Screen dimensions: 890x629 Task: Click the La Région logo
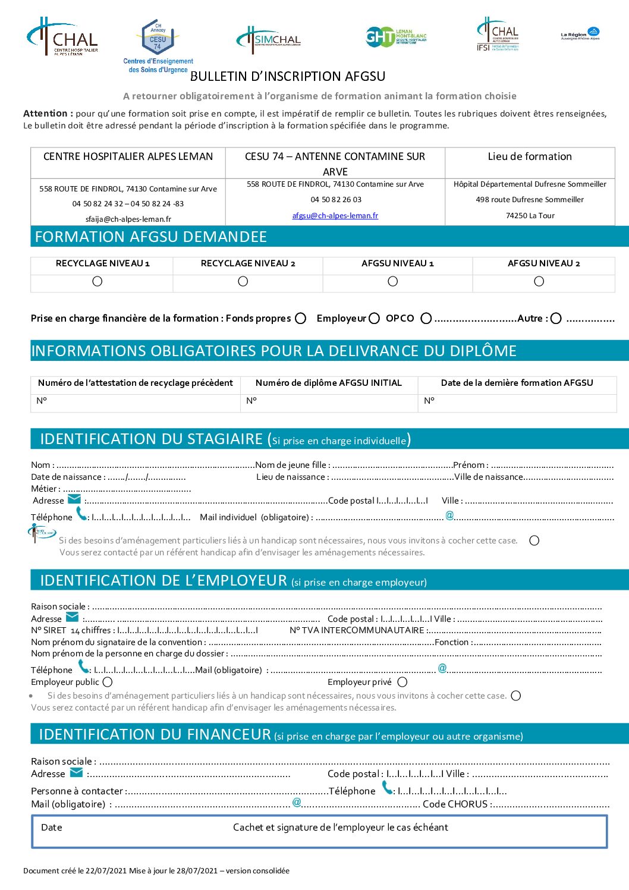point(580,33)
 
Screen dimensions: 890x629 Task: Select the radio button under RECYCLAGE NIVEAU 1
point(98,282)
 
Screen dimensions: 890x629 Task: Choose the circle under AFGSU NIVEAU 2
point(539,282)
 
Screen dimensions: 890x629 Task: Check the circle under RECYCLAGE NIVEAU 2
point(243,282)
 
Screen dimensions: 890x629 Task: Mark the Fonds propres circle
point(301,319)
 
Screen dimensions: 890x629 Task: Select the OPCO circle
point(426,319)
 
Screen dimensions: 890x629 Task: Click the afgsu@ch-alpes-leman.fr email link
point(335,216)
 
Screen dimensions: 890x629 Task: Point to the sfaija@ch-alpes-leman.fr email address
point(128,219)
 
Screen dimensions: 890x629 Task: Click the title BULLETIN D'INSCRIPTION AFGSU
point(288,77)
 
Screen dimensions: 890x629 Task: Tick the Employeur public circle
point(108,683)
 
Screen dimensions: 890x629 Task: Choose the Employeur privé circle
point(402,683)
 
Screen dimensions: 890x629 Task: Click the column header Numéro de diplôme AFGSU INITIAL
point(329,383)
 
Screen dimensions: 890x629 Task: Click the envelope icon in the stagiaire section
point(74,499)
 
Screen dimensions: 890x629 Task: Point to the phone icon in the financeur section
point(387,788)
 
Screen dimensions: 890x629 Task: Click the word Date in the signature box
point(52,828)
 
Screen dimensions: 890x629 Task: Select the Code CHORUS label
point(455,804)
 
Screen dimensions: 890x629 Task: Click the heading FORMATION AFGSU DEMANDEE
point(151,237)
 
